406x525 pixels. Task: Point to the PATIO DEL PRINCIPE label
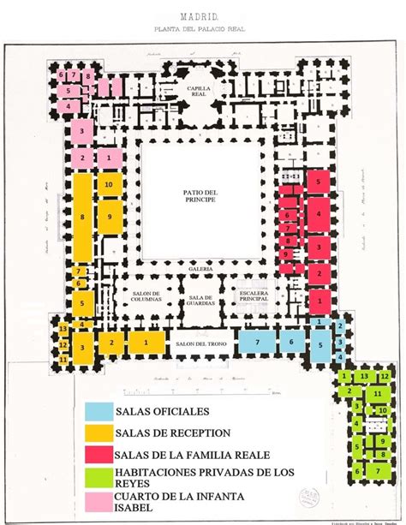[x=199, y=201]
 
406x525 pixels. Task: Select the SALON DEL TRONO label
[x=199, y=343]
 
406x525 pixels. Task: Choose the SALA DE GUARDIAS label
[x=199, y=301]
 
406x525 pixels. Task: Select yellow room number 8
[x=82, y=218]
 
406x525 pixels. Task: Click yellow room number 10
[x=108, y=184]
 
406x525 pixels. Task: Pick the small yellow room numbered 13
[x=63, y=330]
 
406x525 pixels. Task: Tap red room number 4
[x=318, y=212]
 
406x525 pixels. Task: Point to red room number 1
[x=318, y=301]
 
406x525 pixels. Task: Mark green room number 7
[x=376, y=470]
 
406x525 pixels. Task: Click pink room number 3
[x=82, y=131]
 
